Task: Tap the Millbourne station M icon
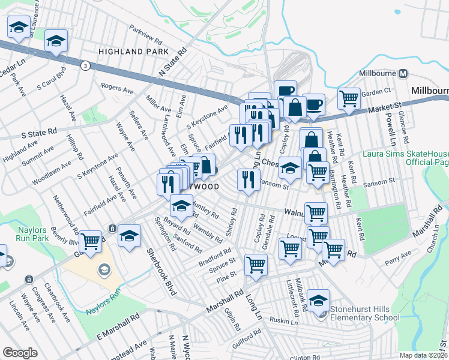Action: (x=403, y=74)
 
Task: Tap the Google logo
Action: (x=20, y=353)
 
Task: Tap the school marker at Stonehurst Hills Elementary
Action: (x=319, y=299)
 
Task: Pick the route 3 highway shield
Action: (x=86, y=66)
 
